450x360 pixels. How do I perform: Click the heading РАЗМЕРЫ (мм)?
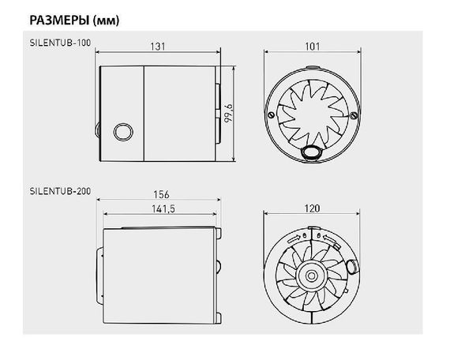(x=74, y=21)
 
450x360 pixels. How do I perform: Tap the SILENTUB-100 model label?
(x=60, y=43)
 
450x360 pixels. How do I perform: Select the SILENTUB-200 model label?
(x=60, y=191)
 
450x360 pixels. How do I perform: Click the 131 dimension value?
(x=158, y=47)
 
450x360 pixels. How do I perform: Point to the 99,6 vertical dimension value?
(x=229, y=114)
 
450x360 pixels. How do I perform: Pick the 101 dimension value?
(x=313, y=47)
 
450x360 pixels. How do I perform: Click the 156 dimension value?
(x=161, y=195)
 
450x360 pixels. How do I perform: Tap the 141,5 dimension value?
(x=163, y=208)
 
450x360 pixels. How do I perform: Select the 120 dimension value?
(x=312, y=208)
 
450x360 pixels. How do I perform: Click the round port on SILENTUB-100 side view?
(x=123, y=132)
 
